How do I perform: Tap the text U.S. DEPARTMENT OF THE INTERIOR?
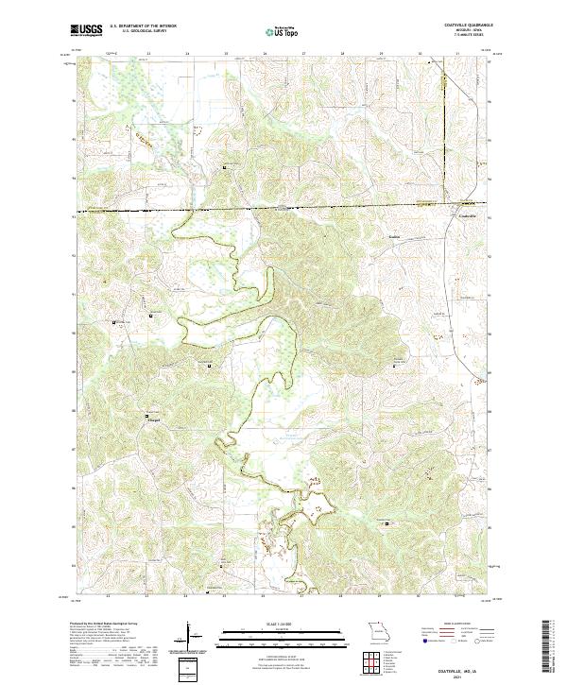[x=143, y=27]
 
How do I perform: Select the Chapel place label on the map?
[x=153, y=416]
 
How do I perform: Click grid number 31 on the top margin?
[x=456, y=54]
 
